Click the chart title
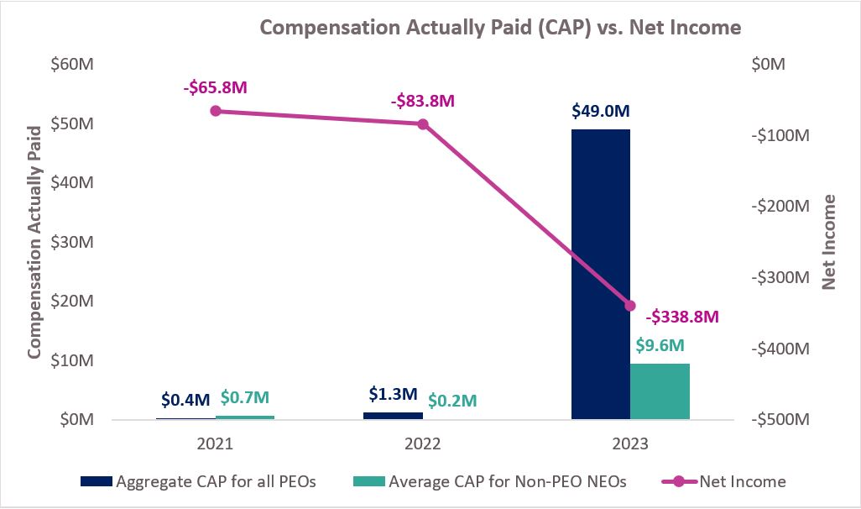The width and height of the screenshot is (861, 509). pos(500,27)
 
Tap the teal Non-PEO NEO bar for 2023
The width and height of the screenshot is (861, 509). pos(660,391)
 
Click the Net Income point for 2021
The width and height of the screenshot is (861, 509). pos(216,111)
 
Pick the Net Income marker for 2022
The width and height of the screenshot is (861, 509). pos(423,124)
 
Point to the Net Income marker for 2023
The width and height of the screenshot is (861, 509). pos(630,306)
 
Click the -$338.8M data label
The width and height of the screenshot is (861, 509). pos(683,317)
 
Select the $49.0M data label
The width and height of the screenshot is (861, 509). pos(600,111)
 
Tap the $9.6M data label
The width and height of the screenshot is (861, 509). pos(660,345)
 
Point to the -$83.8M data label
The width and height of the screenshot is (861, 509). pos(422,101)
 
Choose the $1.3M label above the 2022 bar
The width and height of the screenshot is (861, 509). pos(393,394)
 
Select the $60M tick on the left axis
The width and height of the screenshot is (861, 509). pos(72,65)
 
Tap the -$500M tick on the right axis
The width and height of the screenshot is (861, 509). pos(780,419)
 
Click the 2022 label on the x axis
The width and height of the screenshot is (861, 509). pos(423,443)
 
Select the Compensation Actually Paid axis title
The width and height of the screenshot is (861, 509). pos(35,242)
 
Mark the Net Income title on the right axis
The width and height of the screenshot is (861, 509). pos(829,242)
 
